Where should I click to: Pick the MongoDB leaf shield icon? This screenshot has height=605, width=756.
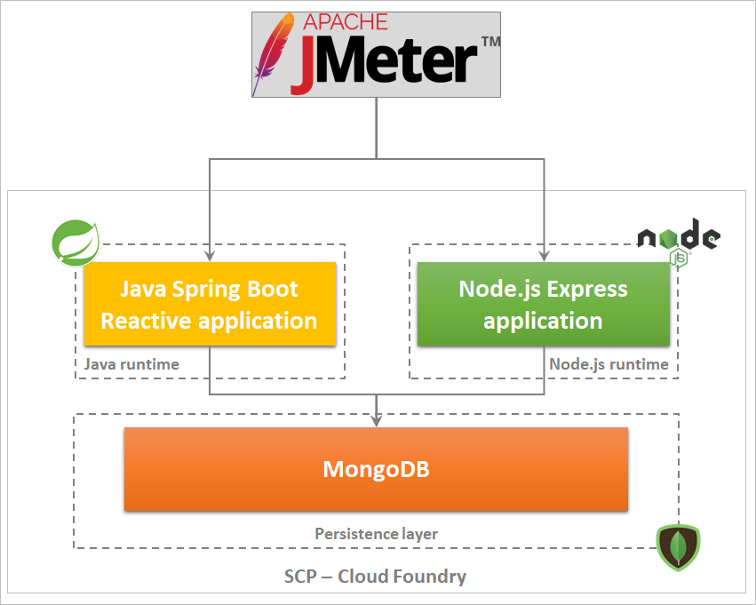(x=678, y=547)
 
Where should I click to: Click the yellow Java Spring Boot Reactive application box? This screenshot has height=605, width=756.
(x=210, y=304)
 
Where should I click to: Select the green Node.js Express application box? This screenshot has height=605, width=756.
(x=543, y=304)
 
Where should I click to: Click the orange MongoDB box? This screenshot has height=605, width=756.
(x=376, y=469)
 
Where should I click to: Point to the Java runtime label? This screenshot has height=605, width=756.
(x=131, y=364)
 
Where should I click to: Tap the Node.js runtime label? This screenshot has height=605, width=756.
(x=609, y=364)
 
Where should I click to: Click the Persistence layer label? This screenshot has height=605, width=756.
(x=376, y=534)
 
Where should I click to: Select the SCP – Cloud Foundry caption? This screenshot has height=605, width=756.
(x=375, y=577)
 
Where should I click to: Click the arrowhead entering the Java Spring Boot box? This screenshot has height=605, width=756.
(x=210, y=256)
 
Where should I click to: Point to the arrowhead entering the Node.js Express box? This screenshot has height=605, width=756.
(x=543, y=256)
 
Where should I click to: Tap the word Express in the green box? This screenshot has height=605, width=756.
(x=586, y=290)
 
